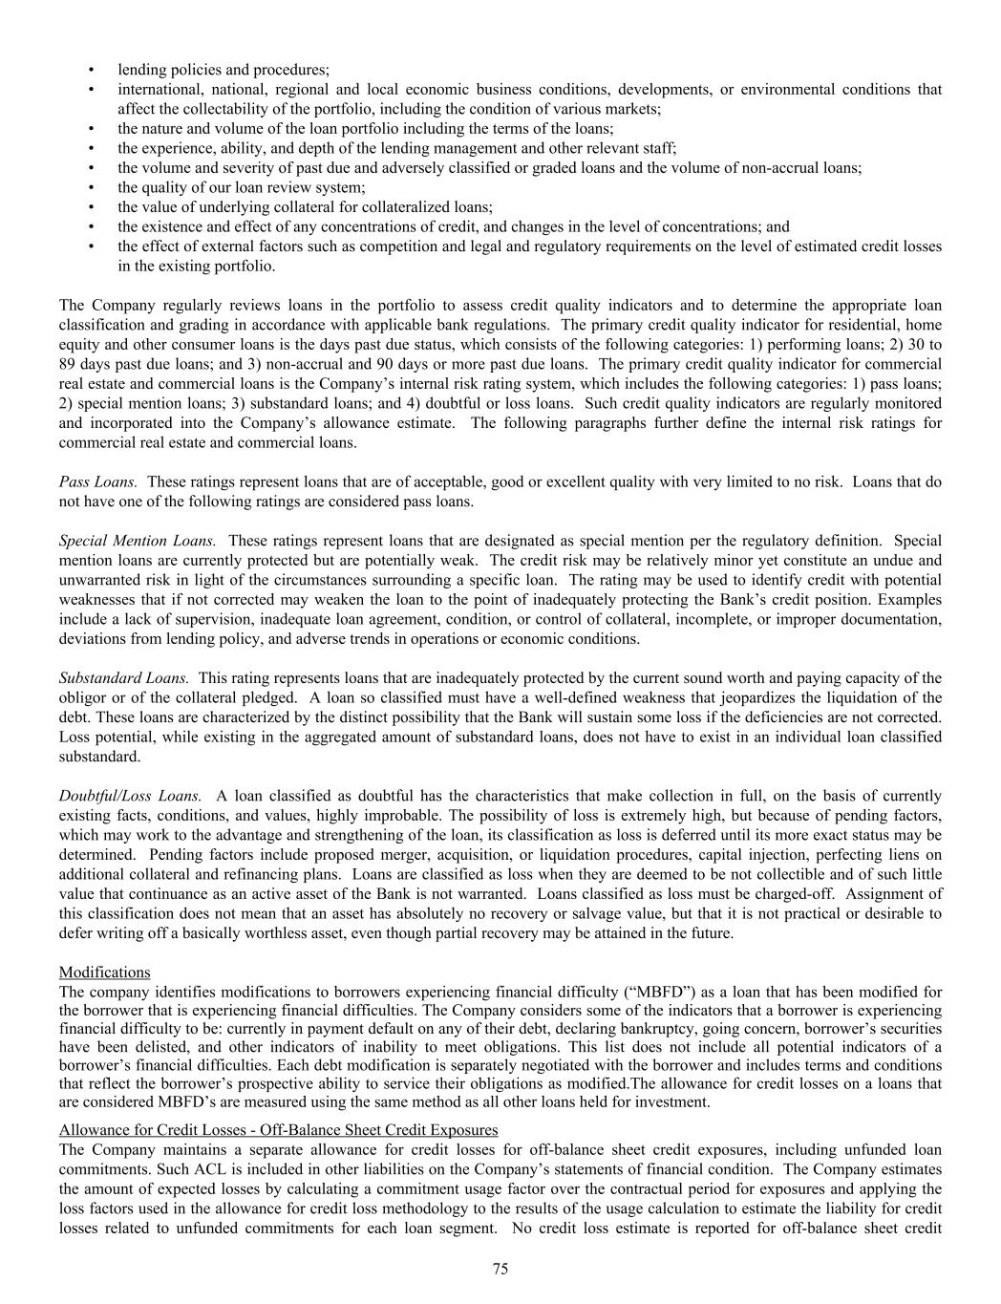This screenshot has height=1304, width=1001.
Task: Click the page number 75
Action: [x=500, y=1269]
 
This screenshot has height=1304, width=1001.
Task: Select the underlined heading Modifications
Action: [x=104, y=972]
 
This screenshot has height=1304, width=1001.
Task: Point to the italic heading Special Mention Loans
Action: [x=137, y=541]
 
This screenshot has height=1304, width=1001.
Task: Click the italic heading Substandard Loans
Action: [x=123, y=677]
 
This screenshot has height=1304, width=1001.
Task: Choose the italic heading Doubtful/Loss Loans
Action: [x=130, y=795]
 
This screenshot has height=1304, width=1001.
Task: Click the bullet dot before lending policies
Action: [x=91, y=70]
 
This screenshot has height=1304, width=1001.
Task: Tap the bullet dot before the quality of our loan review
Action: [x=91, y=187]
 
